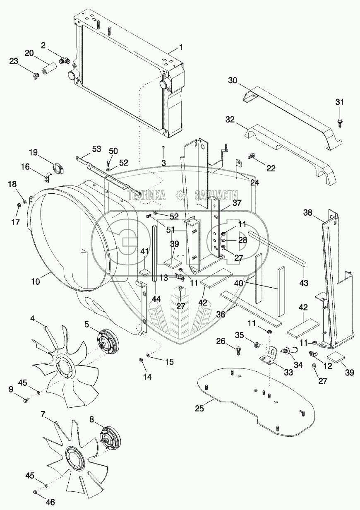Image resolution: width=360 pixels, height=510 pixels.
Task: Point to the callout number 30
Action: click(233, 81)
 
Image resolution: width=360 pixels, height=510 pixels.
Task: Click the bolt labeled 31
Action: click(339, 121)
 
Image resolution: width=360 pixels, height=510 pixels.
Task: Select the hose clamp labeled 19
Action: click(58, 169)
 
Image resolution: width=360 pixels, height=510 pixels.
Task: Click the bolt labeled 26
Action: click(238, 351)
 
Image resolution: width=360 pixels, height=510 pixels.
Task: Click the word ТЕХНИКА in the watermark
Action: click(146, 195)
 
